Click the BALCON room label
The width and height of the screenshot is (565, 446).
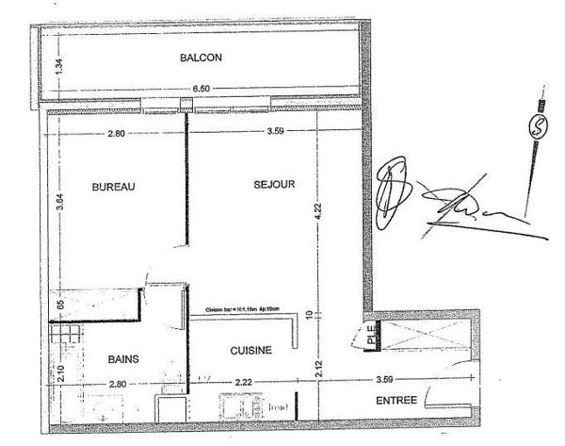201,58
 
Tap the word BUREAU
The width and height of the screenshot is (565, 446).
114,187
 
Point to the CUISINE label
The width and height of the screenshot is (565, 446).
251,350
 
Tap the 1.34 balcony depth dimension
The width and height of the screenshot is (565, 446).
57,67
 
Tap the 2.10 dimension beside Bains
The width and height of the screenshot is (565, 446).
59,373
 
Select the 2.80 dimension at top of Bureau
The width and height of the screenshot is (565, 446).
115,133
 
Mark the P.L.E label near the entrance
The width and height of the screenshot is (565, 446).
371,333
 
